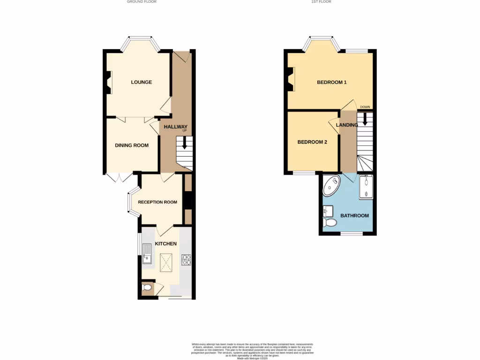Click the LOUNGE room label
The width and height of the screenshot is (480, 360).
tap(141, 82)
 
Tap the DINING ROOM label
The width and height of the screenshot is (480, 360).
tap(132, 145)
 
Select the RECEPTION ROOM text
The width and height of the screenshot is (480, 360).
tap(157, 202)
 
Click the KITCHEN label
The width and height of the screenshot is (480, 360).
tap(166, 244)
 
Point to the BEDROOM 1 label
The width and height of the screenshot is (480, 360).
tap(332, 82)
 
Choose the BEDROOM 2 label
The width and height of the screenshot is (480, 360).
tap(312, 142)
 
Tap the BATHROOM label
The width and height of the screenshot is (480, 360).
tap(354, 216)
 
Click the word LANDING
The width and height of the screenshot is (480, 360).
tap(347, 125)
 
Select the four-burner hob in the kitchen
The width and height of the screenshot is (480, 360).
tap(187, 259)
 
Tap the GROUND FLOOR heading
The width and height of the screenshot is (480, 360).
tap(142, 2)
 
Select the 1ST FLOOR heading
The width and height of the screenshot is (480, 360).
tap(322, 2)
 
